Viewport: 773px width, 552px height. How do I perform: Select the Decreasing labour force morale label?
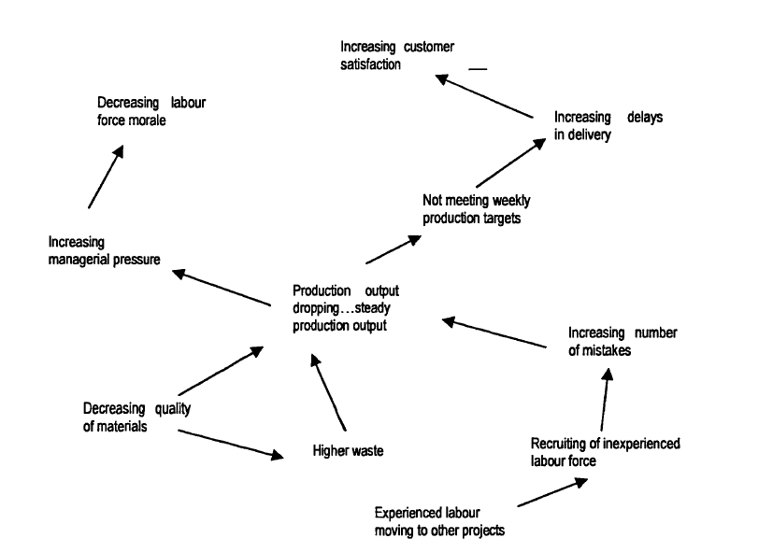[x=150, y=111]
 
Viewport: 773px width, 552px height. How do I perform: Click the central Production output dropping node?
[x=345, y=307]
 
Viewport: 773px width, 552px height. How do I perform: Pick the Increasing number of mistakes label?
[x=623, y=342]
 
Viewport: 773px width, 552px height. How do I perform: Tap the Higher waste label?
[x=348, y=451]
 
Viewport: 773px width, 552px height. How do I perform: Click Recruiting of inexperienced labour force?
[x=592, y=452]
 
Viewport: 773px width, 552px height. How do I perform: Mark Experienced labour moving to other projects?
[x=438, y=521]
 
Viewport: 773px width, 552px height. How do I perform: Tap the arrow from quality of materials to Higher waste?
[x=230, y=444]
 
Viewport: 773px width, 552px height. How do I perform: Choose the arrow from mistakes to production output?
[x=493, y=334]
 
